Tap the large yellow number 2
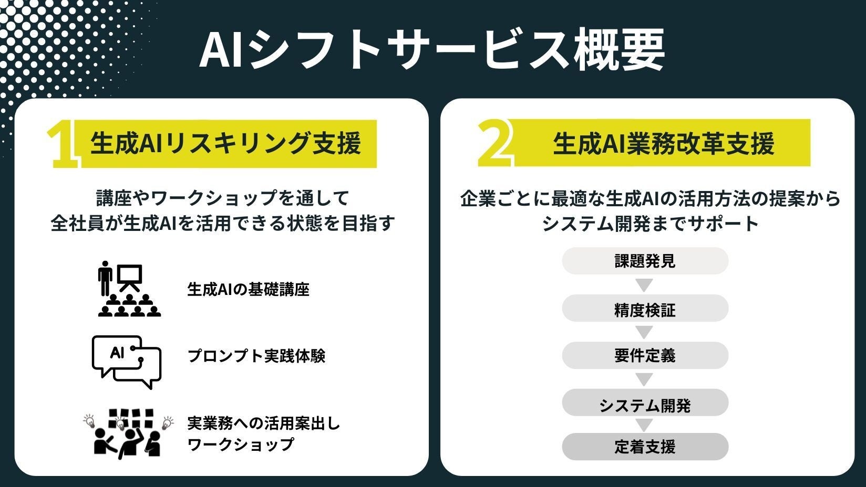pos(494,143)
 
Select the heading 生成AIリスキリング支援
pos(226,143)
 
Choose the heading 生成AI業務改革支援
pos(663,143)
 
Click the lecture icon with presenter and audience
pos(129,289)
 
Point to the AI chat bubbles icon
pos(127,362)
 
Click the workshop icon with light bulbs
pos(128,432)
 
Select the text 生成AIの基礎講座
pos(248,289)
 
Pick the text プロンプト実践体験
pos(256,356)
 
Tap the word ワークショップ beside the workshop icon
pos(241,444)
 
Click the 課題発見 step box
pos(645,261)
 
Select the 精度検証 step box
pos(645,310)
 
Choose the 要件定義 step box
pos(645,356)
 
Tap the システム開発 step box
pos(645,405)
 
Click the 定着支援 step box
pos(645,447)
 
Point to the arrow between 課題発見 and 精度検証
pos(644,285)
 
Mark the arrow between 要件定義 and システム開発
pos(644,379)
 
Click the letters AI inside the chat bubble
pos(117,353)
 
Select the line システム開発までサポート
pos(650,224)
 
